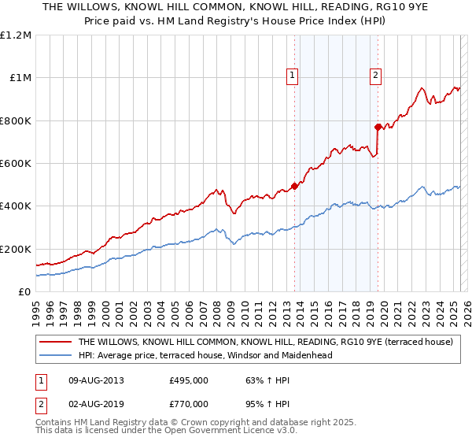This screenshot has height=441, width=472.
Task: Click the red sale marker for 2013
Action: point(294,187)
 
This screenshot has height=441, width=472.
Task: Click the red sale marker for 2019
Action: point(378,127)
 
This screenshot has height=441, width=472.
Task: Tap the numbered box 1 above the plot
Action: point(292,76)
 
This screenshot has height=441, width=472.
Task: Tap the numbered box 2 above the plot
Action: point(375,76)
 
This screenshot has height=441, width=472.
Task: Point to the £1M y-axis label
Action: point(20,78)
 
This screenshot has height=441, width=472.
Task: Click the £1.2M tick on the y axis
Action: point(17,35)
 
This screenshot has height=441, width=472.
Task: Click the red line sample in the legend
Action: point(56,343)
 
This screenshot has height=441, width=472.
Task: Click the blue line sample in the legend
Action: point(56,355)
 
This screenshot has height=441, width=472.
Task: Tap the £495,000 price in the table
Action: point(189,380)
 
